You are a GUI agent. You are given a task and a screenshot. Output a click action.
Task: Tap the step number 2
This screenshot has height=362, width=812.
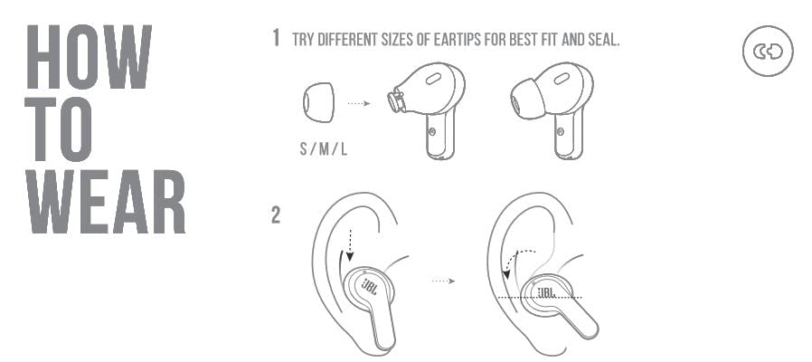[276, 217]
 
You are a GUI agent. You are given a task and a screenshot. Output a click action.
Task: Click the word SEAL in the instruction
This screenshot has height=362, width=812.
[601, 40]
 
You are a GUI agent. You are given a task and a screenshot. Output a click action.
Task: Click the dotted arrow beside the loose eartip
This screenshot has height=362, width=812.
[360, 104]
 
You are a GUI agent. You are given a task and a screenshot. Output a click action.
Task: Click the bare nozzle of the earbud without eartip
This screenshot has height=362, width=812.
[395, 100]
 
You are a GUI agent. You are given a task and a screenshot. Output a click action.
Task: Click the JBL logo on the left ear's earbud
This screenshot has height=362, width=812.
[370, 289]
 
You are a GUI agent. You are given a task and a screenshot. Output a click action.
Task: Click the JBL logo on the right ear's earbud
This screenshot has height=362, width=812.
[549, 292]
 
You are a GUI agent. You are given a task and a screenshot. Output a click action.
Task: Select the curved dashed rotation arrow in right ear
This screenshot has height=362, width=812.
[512, 260]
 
